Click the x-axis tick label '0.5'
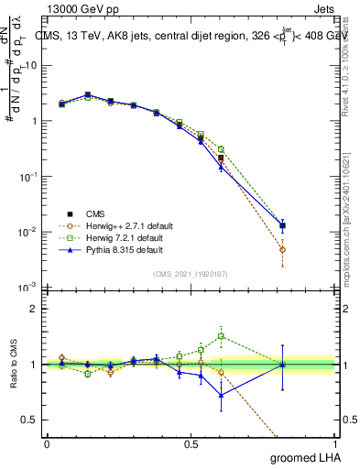pyautogui.click(x=191, y=443)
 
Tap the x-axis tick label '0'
pyautogui.click(x=47, y=443)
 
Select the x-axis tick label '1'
pyautogui.click(x=335, y=443)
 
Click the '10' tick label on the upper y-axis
pyautogui.click(x=31, y=65)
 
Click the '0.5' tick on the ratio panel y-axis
pyautogui.click(x=31, y=420)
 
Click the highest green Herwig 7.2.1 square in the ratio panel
pyautogui.click(x=221, y=336)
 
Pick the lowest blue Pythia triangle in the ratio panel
pyautogui.click(x=221, y=395)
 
